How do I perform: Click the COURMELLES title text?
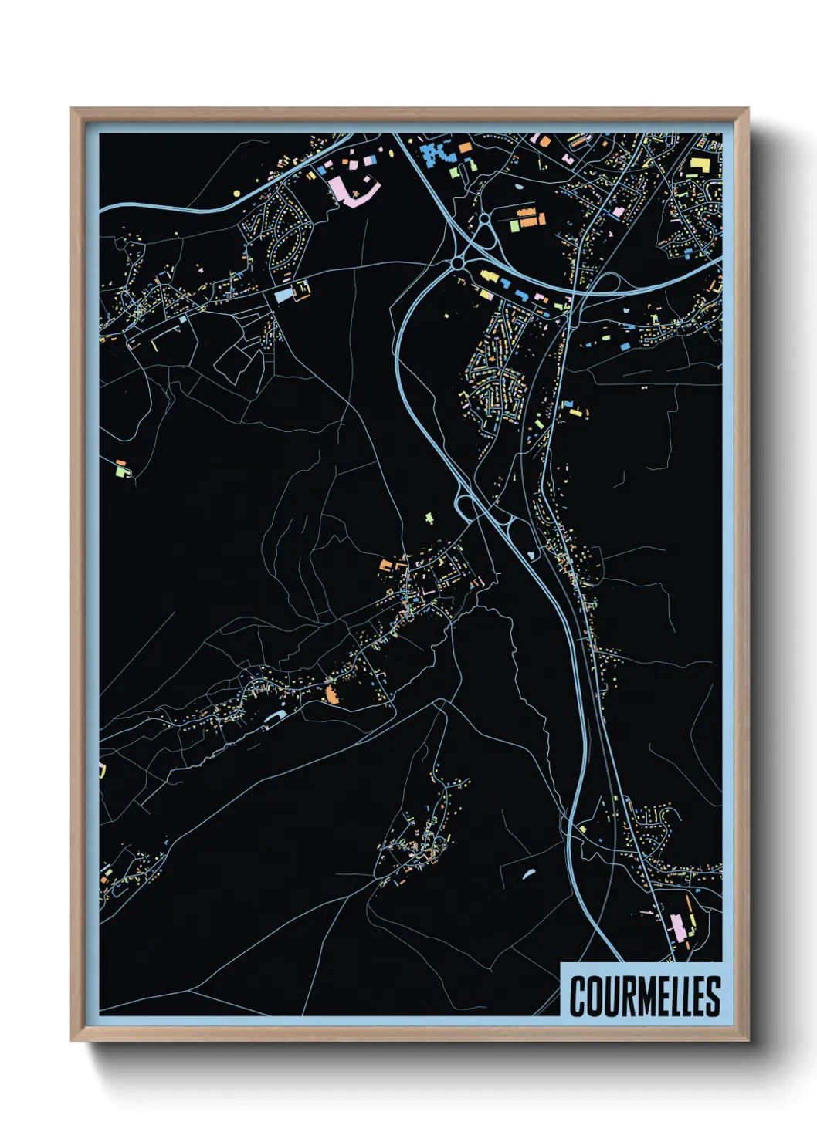click(x=645, y=996)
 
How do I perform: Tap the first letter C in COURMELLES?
click(x=578, y=996)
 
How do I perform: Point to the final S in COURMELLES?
click(x=713, y=996)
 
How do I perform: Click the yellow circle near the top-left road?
click(x=237, y=193)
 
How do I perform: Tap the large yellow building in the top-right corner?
click(x=699, y=166)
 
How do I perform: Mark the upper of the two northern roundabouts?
click(x=483, y=220)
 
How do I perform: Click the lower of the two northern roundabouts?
click(x=458, y=263)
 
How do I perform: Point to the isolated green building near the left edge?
click(x=120, y=467)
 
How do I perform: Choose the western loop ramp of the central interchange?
click(x=466, y=507)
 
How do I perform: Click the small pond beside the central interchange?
click(x=531, y=555)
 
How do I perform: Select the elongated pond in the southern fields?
click(x=529, y=873)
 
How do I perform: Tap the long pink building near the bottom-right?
click(x=677, y=927)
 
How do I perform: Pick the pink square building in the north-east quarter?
click(x=618, y=211)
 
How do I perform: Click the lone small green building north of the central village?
click(x=430, y=517)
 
